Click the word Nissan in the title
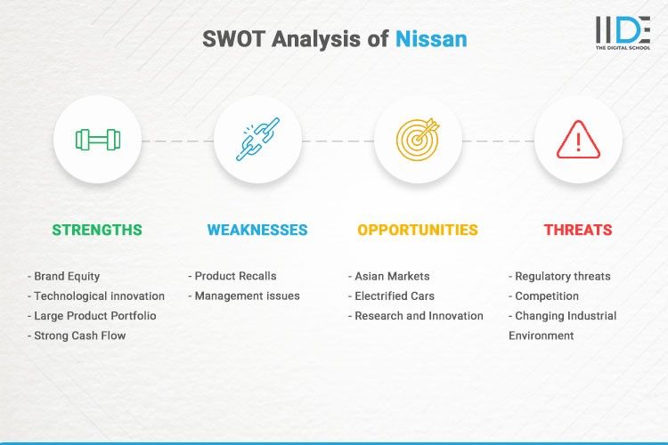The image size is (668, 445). coord(430,40)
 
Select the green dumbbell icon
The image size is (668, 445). coord(97,140)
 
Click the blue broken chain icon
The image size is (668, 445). coord(257,140)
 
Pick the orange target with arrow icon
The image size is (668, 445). coord(418,140)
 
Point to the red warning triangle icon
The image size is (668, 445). coord(578,140)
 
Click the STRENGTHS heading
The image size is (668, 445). coord(97,230)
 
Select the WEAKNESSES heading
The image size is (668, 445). coord(257,230)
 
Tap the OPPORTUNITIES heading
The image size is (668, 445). coord(418,230)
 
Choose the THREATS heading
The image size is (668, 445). coord(578,230)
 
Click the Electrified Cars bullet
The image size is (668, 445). coord(393,296)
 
